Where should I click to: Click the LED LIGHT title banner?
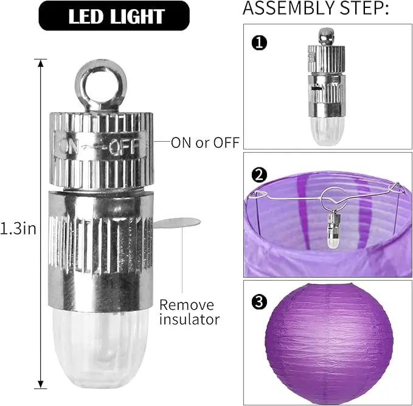(114, 16)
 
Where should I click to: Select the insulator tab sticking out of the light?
(177, 223)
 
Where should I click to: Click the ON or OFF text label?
(205, 142)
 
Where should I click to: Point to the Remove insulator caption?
(189, 312)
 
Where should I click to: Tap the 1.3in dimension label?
(18, 229)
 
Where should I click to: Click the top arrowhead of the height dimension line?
(41, 63)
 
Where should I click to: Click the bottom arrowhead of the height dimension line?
(41, 385)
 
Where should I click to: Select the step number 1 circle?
(260, 43)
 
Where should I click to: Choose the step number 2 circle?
(260, 175)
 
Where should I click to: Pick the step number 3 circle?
(260, 301)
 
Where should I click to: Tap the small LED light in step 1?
(327, 86)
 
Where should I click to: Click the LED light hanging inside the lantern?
(334, 229)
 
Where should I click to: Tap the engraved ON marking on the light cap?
(69, 147)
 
